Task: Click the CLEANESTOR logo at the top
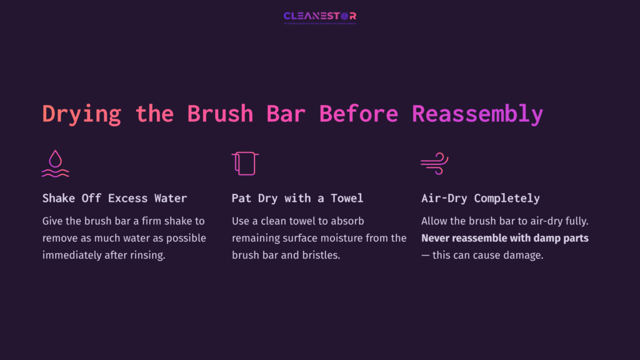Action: pos(319,16)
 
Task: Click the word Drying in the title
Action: pos(81,114)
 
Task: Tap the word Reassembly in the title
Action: pos(477,114)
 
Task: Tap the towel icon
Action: pos(244,164)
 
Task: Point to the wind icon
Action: pos(434,164)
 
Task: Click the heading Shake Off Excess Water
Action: pos(114,198)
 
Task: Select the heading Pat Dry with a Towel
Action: pos(297,198)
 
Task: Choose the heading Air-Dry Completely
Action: pos(481,198)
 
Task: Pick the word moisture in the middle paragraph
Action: pos(336,238)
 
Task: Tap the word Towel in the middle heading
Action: pos(347,198)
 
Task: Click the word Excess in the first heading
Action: pos(127,198)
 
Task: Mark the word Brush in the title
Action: pos(220,114)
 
